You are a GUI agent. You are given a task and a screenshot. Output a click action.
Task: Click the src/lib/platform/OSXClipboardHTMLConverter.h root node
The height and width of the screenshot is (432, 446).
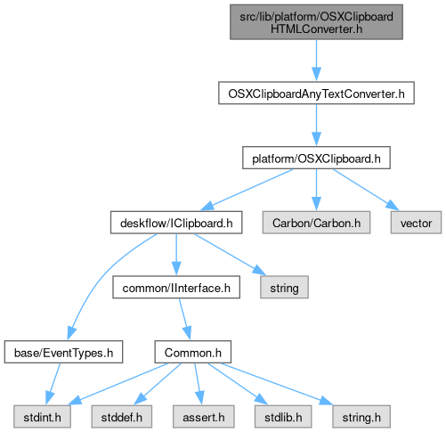pyautogui.click(x=316, y=22)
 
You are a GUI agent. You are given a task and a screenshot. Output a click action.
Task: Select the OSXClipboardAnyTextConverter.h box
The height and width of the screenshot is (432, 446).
pyautogui.click(x=316, y=93)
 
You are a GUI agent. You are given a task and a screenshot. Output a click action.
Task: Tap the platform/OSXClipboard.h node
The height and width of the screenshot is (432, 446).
pyautogui.click(x=316, y=158)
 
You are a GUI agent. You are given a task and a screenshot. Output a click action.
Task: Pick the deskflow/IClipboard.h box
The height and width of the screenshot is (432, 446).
pyautogui.click(x=176, y=223)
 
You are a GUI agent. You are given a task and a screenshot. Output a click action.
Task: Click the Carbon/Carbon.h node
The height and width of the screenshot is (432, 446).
pyautogui.click(x=316, y=223)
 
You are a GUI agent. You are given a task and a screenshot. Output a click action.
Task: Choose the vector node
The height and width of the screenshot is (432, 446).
pyautogui.click(x=416, y=223)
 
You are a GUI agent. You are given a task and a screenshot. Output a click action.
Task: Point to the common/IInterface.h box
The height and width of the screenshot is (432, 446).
pyautogui.click(x=176, y=287)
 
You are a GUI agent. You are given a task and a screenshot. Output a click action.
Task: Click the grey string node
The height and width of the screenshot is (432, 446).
pyautogui.click(x=284, y=287)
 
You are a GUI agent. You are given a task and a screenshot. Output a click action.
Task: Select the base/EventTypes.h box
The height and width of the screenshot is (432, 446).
pyautogui.click(x=63, y=352)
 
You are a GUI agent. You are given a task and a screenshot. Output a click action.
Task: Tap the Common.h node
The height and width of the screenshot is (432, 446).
pyautogui.click(x=193, y=352)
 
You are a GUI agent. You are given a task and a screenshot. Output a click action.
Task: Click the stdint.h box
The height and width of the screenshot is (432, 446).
pyautogui.click(x=42, y=417)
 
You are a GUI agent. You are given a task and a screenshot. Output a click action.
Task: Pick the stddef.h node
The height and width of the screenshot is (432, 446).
pyautogui.click(x=122, y=417)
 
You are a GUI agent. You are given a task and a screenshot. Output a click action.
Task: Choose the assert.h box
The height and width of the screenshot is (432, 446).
pyautogui.click(x=204, y=417)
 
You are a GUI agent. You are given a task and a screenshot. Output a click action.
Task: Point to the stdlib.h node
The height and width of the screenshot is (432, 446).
pyautogui.click(x=283, y=417)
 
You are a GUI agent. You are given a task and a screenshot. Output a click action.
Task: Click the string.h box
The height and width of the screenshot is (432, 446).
pyautogui.click(x=361, y=417)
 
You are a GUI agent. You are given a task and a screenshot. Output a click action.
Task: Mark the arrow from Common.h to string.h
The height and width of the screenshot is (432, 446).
pyautogui.click(x=277, y=384)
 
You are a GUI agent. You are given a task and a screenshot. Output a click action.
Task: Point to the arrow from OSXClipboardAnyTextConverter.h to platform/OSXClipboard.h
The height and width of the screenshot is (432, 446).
pyautogui.click(x=316, y=125)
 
